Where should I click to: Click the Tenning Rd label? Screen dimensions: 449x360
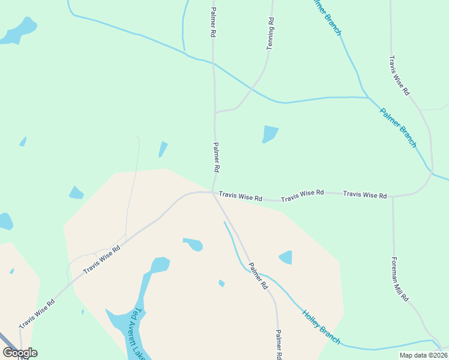pos(271,33)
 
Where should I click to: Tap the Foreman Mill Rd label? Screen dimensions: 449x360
pos(400,280)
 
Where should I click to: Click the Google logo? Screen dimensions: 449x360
pos(20,352)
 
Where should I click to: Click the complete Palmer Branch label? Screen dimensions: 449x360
pos(397,127)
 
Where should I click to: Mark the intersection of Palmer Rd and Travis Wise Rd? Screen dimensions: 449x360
pos(213,193)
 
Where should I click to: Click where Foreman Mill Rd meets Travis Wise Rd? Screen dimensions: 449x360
pos(393,196)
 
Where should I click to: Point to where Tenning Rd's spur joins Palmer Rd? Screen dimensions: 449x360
pos(215,112)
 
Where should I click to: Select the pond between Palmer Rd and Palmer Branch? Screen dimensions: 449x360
pos(270,134)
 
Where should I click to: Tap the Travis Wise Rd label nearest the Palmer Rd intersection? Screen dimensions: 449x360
pos(240,197)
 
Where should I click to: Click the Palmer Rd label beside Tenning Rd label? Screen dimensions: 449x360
pos(212,23)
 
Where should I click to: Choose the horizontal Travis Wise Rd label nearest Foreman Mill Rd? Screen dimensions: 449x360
pos(364,195)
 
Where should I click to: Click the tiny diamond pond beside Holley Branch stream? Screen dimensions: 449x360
pos(221,283)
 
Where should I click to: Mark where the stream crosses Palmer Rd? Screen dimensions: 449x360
pos(214,61)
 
